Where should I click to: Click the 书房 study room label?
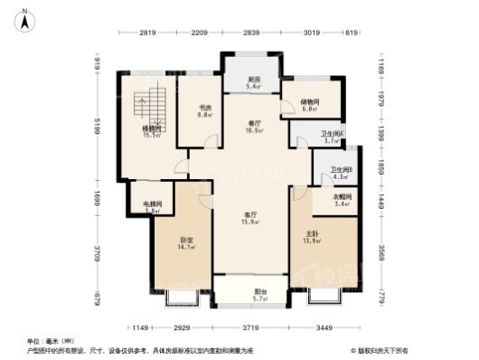click(205, 110)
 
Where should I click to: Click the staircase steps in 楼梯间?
click(149, 107)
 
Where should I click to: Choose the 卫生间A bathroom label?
click(331, 137)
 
